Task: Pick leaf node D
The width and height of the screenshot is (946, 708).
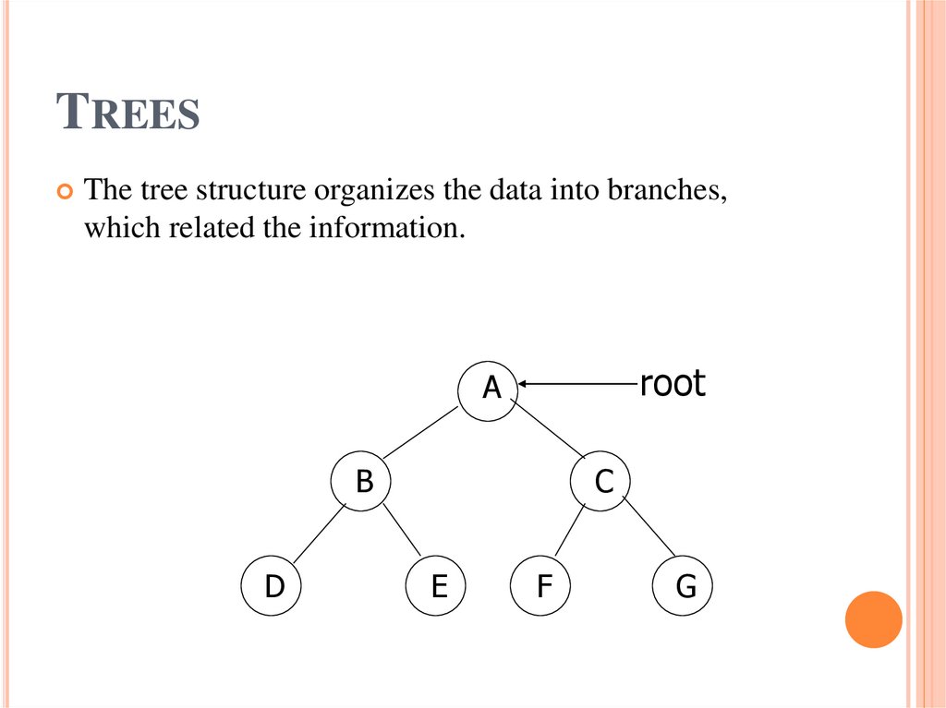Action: point(273,585)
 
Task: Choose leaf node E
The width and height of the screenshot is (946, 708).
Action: point(438,585)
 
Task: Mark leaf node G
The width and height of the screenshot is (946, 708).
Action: point(683,585)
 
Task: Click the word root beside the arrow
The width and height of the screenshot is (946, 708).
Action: point(673,383)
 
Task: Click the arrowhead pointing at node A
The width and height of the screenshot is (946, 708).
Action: point(524,383)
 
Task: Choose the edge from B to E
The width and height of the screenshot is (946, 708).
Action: point(401,532)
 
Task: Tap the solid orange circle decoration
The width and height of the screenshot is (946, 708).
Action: point(873,619)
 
